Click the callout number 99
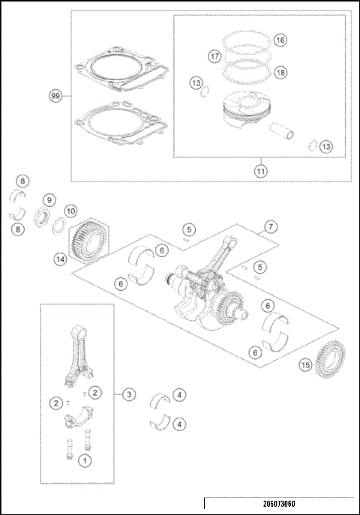(55, 97)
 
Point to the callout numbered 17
(214, 56)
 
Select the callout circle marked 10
(70, 212)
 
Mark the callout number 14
(61, 259)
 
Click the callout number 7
(271, 226)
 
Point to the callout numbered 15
(305, 365)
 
